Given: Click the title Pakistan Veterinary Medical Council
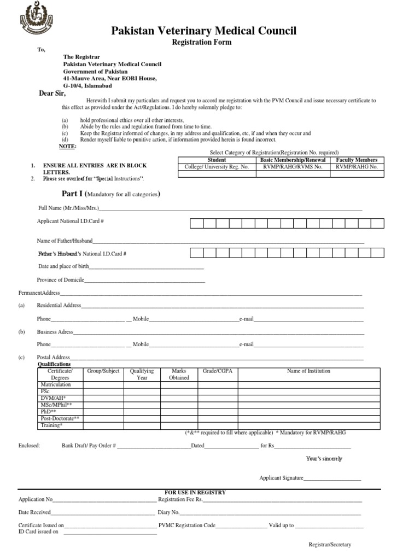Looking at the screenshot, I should (204, 31).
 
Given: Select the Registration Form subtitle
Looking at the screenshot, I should (202, 42).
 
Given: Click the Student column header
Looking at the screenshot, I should (217, 160).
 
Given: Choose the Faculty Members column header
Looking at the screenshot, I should (357, 160).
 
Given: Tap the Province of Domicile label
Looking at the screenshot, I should (60, 280).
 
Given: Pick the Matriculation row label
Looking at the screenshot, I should (55, 384).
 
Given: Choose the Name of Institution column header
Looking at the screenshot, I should (308, 371).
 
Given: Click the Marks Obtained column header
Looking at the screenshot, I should (179, 374).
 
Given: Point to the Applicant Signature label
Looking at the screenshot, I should (281, 477).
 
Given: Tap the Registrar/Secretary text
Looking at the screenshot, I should (330, 545).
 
